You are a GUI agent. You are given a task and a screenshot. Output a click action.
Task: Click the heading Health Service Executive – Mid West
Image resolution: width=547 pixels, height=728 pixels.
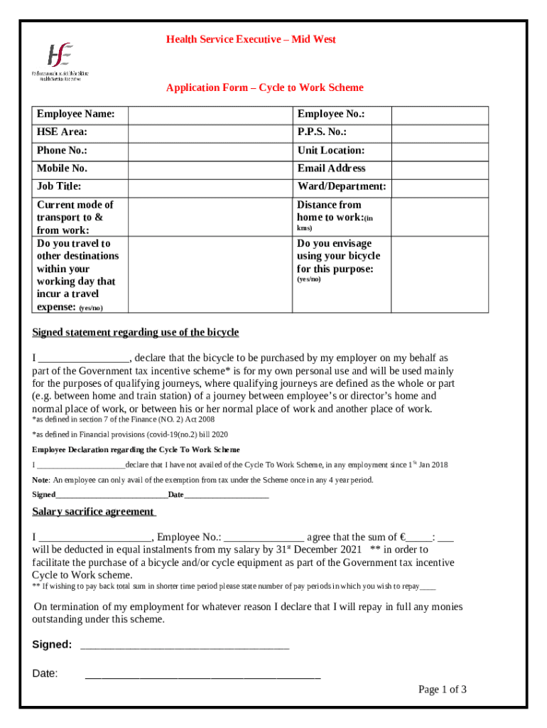(x=251, y=39)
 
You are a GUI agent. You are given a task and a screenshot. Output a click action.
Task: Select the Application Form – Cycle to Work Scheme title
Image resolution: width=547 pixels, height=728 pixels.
(x=264, y=87)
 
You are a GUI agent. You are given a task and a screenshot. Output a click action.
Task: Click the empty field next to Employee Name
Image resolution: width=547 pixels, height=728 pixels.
(x=210, y=115)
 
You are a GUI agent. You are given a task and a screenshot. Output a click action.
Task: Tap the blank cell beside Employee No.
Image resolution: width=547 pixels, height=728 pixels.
(x=440, y=115)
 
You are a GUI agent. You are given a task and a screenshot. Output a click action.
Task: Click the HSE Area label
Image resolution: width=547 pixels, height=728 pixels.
(x=63, y=132)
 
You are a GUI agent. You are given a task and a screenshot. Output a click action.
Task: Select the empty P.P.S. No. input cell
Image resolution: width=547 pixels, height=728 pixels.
(x=440, y=133)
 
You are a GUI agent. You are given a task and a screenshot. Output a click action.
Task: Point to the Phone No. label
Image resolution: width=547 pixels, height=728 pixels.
(x=63, y=151)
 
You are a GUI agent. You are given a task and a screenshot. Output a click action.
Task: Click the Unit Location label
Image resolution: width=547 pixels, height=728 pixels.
(x=331, y=151)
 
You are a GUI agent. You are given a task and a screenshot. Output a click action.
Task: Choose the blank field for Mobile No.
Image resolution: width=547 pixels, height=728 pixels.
(x=210, y=169)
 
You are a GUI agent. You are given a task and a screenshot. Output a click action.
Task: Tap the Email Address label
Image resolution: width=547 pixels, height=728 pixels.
(x=331, y=168)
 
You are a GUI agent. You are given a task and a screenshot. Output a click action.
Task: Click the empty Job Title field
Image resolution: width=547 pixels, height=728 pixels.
(x=210, y=187)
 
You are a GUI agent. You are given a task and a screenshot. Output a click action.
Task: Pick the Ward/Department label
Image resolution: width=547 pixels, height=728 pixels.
(x=342, y=187)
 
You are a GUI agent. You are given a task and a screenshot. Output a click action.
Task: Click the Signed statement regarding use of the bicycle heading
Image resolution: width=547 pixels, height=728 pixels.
(x=136, y=333)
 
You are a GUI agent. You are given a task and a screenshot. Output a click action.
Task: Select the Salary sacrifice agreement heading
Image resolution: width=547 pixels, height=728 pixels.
(x=94, y=512)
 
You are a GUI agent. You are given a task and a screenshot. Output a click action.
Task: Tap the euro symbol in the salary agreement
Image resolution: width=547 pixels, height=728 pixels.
(x=403, y=537)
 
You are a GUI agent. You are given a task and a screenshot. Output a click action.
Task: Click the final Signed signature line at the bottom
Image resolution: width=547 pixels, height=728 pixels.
(x=185, y=646)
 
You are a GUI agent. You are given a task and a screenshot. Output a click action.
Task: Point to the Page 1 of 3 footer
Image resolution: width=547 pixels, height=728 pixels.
(x=442, y=690)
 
